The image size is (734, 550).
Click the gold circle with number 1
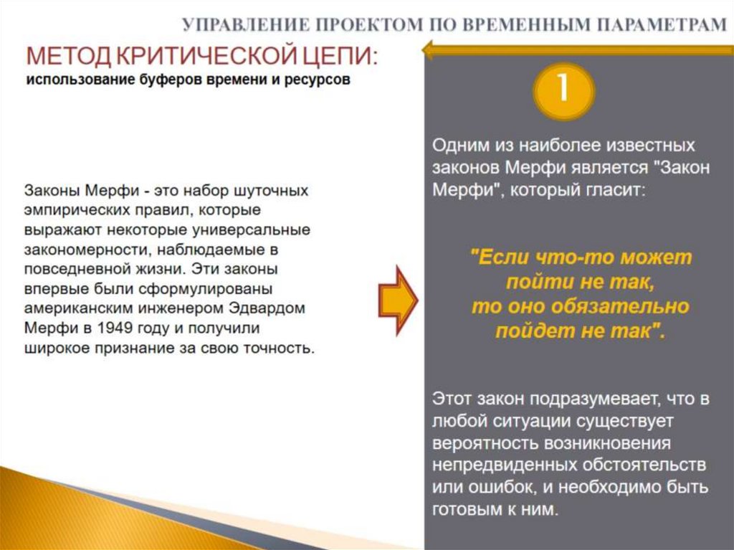point(563,91)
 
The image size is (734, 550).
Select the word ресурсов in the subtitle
point(318,80)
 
